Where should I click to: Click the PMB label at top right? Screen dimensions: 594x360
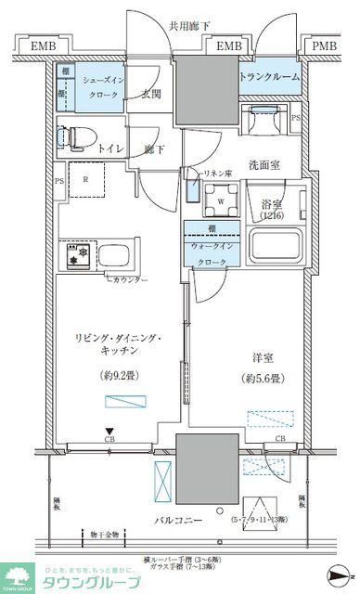[x=324, y=45]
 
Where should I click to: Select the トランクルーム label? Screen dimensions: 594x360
[x=270, y=77]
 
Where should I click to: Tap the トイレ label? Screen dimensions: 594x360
[x=112, y=148]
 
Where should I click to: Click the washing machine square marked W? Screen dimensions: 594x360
[x=221, y=199]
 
